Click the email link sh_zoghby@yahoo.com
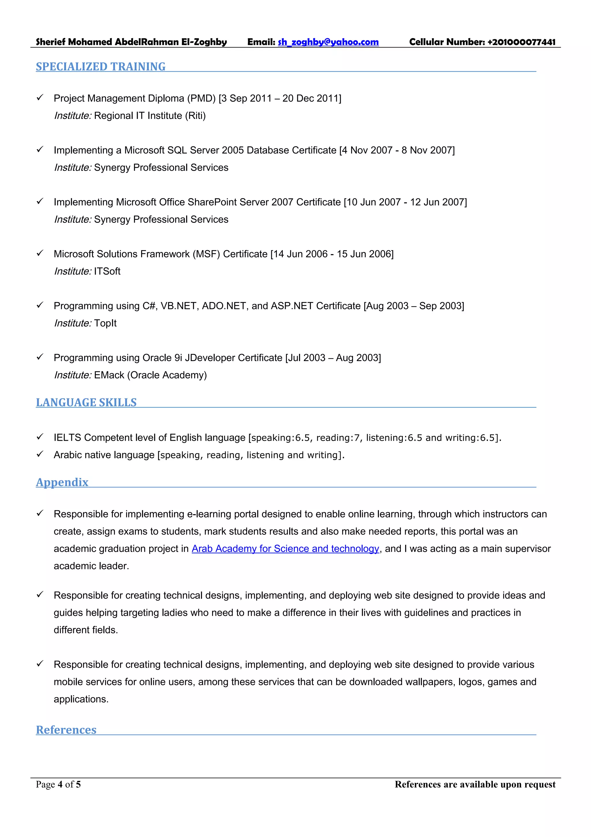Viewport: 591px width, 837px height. click(x=328, y=42)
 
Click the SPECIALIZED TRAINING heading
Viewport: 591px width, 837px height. click(x=100, y=67)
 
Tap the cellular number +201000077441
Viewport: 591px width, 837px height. click(x=521, y=42)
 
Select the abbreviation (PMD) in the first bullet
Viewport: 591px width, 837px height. click(x=201, y=98)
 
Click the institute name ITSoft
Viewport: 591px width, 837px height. click(x=107, y=271)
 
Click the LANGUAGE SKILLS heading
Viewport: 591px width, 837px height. click(x=86, y=402)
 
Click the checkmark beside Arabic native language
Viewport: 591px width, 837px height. click(x=40, y=454)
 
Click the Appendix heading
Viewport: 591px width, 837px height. click(x=62, y=482)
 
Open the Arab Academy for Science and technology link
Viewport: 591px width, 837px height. click(x=285, y=549)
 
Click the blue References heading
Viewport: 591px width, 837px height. click(x=66, y=730)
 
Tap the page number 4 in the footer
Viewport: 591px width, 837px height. click(x=60, y=784)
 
